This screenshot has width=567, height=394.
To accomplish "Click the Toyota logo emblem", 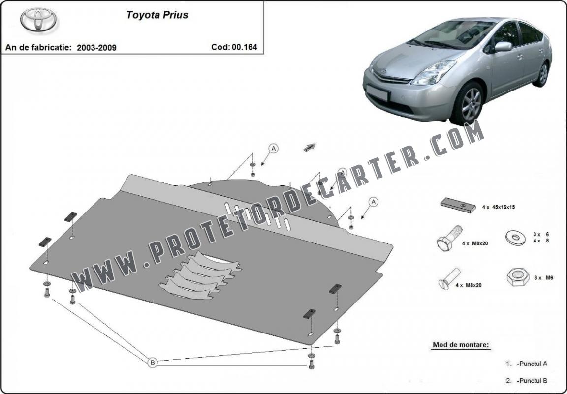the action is (38, 20).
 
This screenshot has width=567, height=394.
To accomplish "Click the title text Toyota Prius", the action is (157, 15).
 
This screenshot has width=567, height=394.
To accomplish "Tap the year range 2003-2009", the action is (96, 47).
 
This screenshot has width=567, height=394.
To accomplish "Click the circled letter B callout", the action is (153, 362).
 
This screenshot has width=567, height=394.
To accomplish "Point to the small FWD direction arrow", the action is (310, 147).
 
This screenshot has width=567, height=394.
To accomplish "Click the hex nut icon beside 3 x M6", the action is (518, 277).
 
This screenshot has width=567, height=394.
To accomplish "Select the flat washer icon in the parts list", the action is (516, 238).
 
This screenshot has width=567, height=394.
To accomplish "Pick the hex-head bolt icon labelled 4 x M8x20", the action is (450, 238).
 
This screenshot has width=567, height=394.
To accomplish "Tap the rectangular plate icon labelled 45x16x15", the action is (458, 205).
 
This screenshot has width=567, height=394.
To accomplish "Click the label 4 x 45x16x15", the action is (498, 207).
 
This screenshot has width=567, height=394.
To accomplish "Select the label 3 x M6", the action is (543, 277).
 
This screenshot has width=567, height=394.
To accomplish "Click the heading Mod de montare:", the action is (461, 345).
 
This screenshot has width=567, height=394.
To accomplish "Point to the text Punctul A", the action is (532, 364).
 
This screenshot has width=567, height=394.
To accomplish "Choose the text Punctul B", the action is (532, 380).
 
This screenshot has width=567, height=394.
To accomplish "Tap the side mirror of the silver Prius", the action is (503, 47).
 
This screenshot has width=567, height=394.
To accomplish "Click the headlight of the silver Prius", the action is (433, 72).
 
